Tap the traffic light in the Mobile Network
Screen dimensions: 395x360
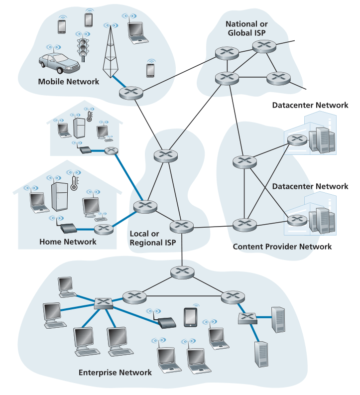click(83, 48)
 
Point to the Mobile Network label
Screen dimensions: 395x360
click(69, 81)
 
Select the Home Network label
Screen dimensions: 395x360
click(68, 242)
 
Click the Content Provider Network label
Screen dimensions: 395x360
click(282, 247)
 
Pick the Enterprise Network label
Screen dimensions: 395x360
click(115, 372)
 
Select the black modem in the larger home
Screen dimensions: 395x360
click(68, 229)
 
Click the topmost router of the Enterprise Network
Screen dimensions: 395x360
click(182, 272)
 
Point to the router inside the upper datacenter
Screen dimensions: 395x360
click(297, 140)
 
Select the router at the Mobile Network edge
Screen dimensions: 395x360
click(131, 92)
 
